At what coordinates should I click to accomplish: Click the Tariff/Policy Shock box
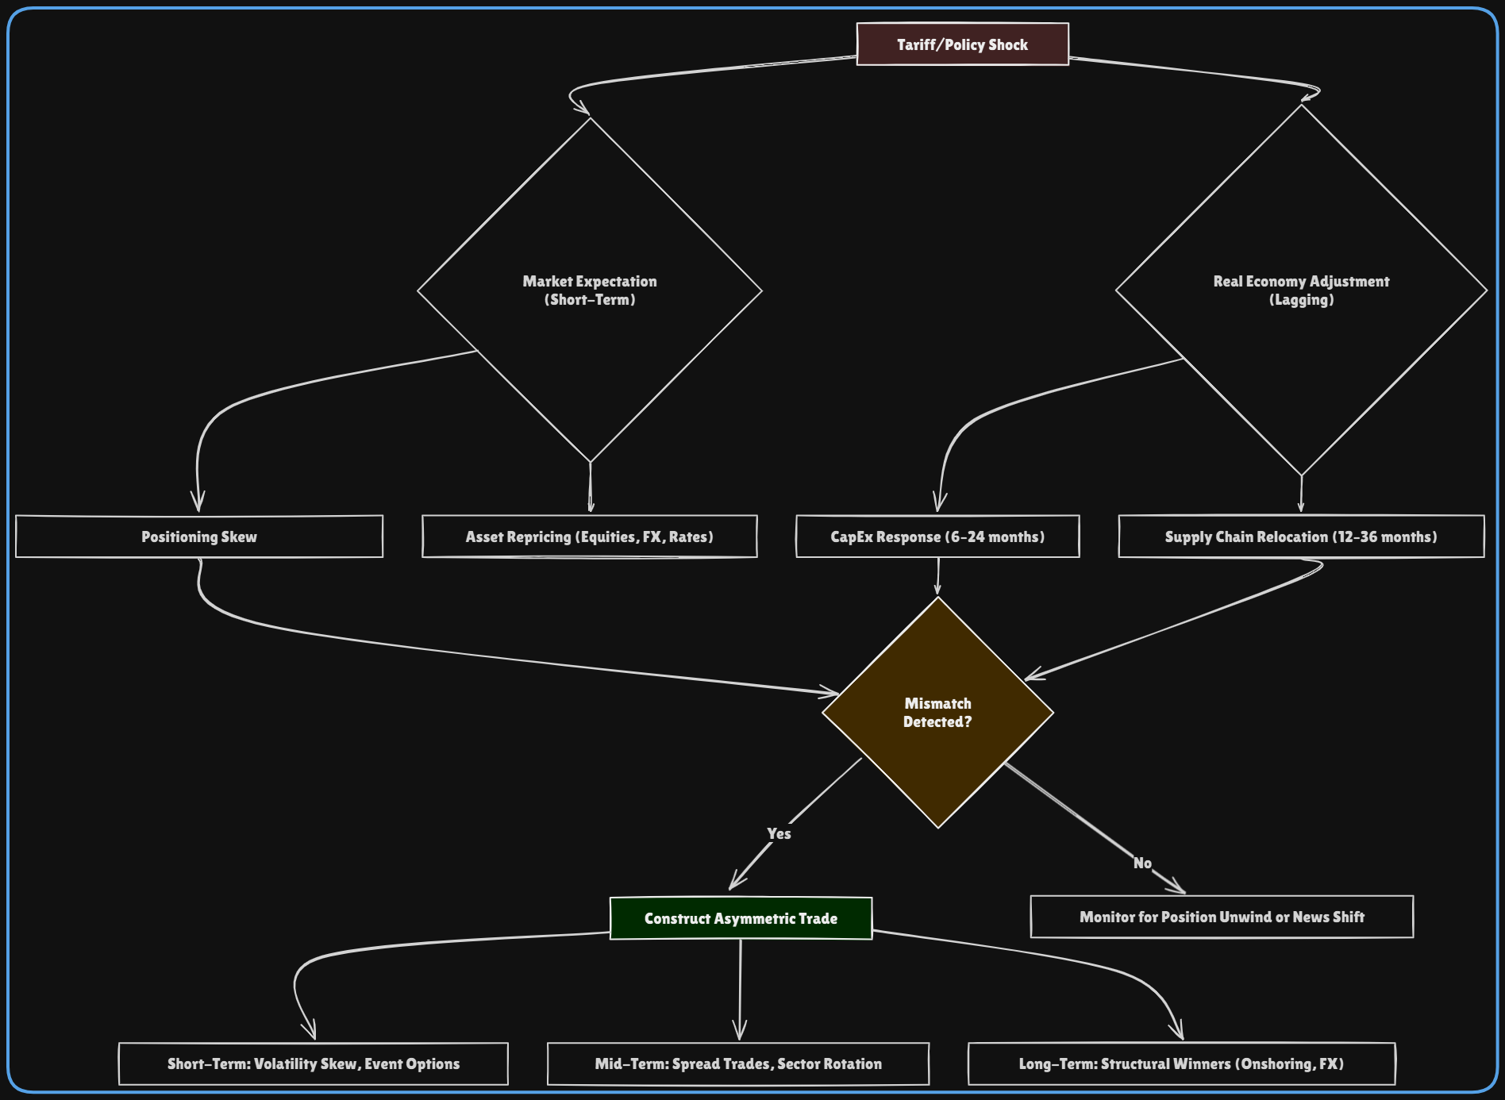(962, 44)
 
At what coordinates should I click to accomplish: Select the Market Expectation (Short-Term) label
(590, 290)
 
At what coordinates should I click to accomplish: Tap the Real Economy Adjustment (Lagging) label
(1301, 290)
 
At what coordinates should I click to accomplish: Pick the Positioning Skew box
(199, 537)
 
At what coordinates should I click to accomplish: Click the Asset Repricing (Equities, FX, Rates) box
(589, 537)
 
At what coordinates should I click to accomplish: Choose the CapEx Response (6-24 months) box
(937, 537)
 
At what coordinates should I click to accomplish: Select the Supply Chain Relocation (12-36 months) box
(1301, 537)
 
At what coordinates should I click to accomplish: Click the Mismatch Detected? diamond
(937, 713)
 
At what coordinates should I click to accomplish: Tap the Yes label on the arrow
(779, 833)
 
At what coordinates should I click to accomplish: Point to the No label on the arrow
(1142, 863)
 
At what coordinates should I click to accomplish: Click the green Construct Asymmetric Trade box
(741, 918)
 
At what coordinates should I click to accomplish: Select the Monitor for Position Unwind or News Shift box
(1222, 917)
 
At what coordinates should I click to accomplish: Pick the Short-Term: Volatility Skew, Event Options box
(314, 1063)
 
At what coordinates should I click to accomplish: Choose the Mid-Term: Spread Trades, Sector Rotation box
(738, 1063)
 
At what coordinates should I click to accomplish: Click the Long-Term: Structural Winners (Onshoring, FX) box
(1181, 1063)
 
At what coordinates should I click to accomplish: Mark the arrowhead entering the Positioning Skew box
(198, 505)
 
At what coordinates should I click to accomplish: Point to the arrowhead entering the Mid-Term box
(740, 1033)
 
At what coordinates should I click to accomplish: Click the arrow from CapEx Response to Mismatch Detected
(937, 575)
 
